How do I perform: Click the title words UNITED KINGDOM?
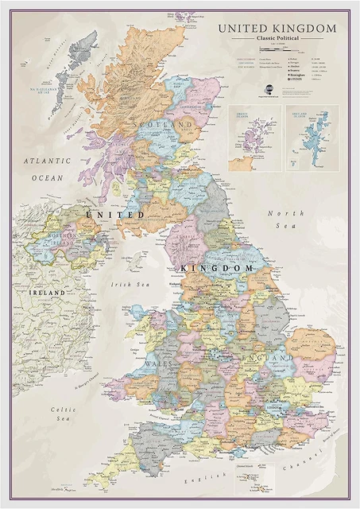click(x=277, y=29)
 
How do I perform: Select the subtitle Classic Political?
click(x=277, y=39)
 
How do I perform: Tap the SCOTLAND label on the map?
click(x=165, y=126)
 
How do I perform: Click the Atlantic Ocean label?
click(x=47, y=169)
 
